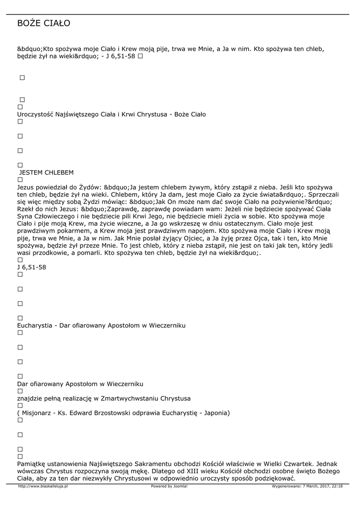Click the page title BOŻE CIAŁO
(x=44, y=23)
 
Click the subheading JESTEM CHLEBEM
(x=46, y=173)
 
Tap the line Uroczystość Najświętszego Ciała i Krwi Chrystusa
(x=111, y=115)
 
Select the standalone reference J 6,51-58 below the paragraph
(x=32, y=267)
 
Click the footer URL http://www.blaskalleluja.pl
(x=43, y=486)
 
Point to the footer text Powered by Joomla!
(x=169, y=486)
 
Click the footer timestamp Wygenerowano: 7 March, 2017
(x=307, y=486)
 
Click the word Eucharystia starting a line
(x=35, y=325)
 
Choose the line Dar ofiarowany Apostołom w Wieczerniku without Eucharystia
(x=80, y=384)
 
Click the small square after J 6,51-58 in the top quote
(x=141, y=57)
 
